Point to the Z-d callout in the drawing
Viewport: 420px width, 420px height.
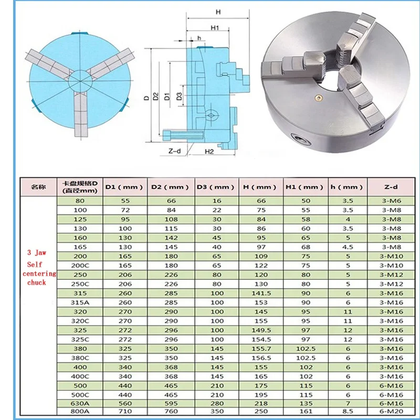[174, 151]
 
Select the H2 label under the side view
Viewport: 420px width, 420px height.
[209, 151]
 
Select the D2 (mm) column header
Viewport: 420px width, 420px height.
[170, 186]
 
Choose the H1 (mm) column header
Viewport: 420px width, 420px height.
[304, 186]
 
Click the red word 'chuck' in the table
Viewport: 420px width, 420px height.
[37, 282]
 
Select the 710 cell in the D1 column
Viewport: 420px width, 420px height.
[125, 411]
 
